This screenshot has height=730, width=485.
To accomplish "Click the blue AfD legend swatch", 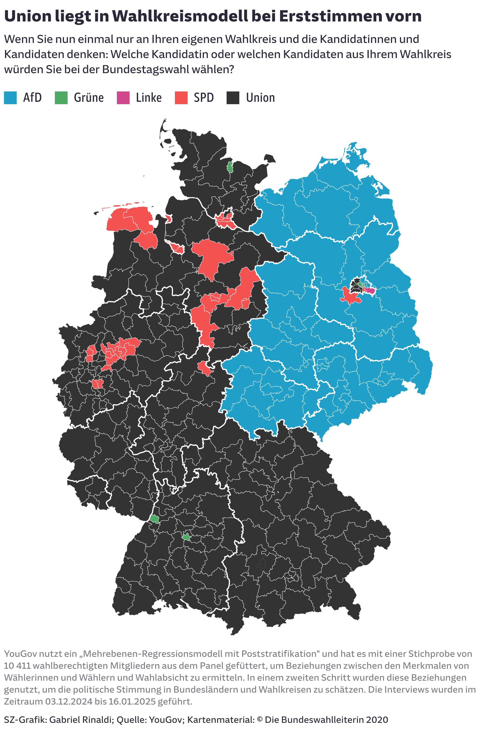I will [x=10, y=98].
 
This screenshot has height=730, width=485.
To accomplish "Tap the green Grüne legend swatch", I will [x=61, y=98].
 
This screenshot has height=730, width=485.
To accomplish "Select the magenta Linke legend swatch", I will [x=123, y=98].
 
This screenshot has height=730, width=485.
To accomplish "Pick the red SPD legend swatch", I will [x=181, y=98].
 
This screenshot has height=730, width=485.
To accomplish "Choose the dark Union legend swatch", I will [x=233, y=98].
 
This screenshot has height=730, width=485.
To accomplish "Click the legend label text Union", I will [x=260, y=98].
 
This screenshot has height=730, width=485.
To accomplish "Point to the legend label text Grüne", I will [x=89, y=98].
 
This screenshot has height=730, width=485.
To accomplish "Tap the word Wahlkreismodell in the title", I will [x=180, y=16].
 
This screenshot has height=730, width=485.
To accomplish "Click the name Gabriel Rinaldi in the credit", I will [x=80, y=720].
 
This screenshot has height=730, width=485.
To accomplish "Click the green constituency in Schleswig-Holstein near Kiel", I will [x=230, y=167].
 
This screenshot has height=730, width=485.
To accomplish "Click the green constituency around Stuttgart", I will [x=186, y=537].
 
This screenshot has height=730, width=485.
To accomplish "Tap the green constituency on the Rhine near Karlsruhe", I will [x=154, y=519].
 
